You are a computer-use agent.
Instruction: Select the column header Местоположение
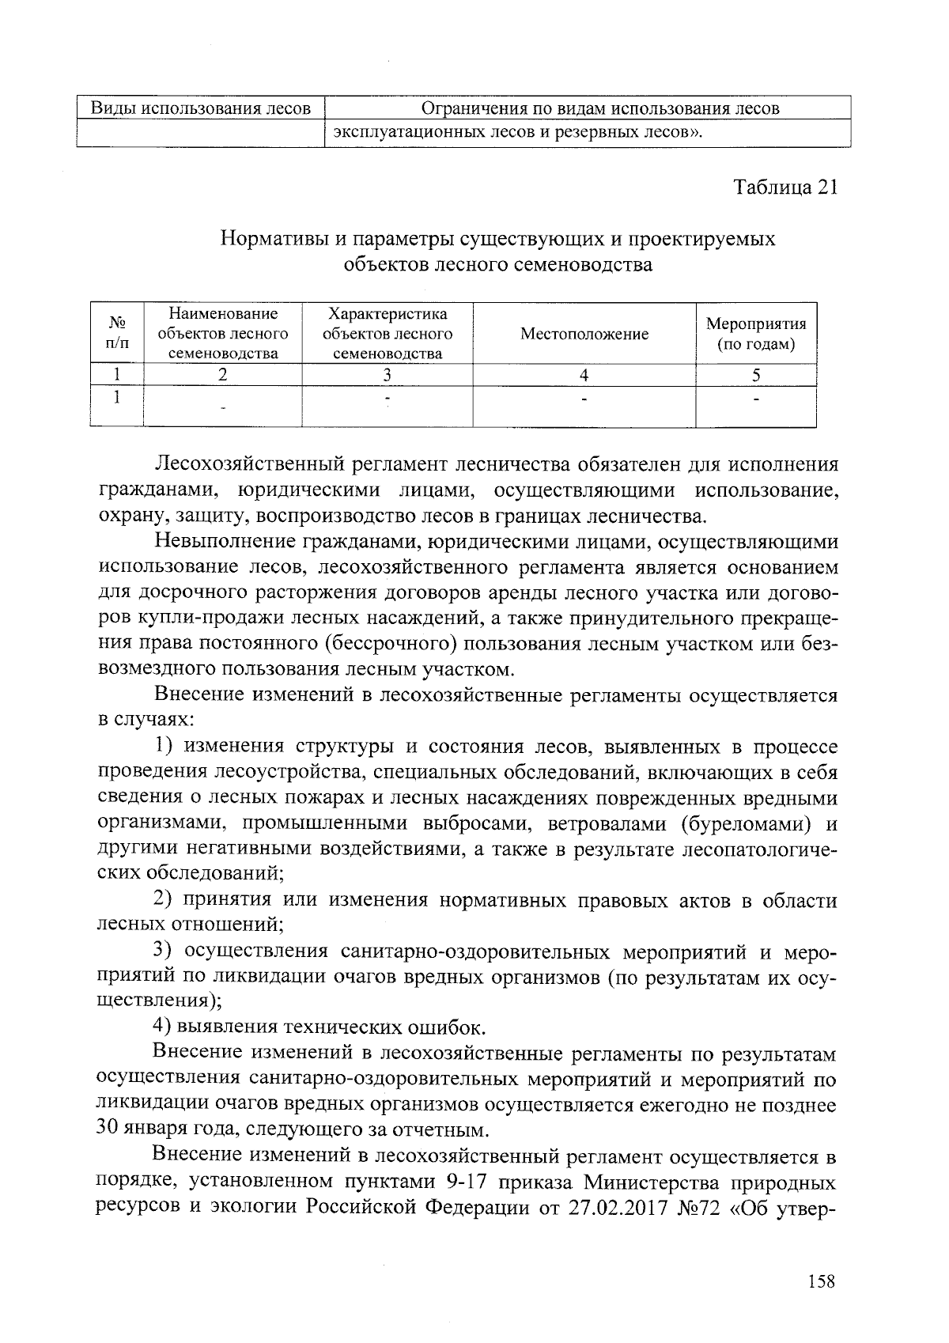(584, 334)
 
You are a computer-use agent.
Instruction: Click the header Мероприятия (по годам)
(755, 334)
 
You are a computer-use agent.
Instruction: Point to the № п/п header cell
(117, 334)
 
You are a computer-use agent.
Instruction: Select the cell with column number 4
(584, 376)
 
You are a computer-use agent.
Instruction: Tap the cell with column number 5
(755, 376)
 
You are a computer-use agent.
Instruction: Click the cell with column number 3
(387, 376)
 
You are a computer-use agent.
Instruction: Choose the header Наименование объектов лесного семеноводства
(223, 334)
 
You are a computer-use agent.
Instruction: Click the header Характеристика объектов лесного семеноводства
(387, 334)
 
